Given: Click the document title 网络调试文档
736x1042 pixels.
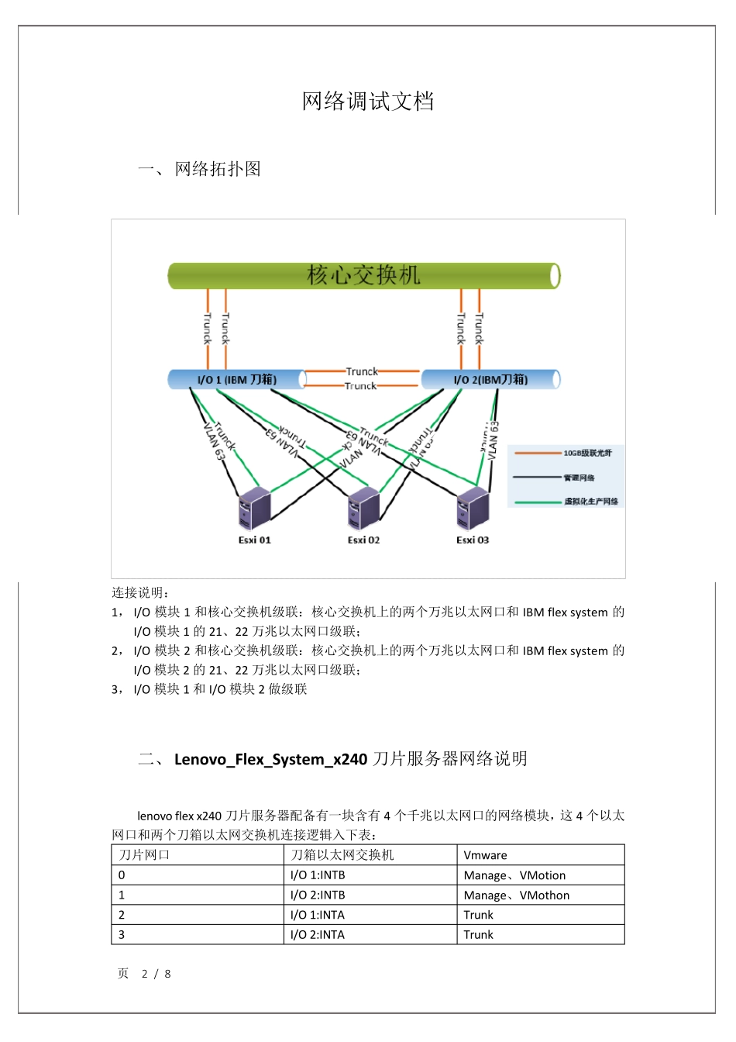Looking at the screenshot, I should point(368,102).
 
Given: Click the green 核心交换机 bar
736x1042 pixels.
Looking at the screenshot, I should point(363,275).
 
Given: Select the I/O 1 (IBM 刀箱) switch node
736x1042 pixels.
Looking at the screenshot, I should point(236,379).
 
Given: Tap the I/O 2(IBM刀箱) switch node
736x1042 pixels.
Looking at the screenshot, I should point(490,379).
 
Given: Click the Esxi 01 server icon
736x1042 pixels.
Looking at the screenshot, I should point(254,509).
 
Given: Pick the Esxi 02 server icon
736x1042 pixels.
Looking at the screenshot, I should point(363,509).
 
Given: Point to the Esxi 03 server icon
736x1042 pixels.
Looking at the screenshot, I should point(473,509).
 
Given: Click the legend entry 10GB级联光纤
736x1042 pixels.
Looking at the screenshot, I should point(586,453).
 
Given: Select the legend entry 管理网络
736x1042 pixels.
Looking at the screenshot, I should point(579,478).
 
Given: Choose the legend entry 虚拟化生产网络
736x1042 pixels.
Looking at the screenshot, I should point(590,502).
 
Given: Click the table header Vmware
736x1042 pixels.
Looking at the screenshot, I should point(485,855).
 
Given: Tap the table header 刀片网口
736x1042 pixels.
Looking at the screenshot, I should point(144,855).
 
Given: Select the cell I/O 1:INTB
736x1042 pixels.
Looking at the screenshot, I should point(318,875).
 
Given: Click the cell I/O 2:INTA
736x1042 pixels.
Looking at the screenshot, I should point(318,935).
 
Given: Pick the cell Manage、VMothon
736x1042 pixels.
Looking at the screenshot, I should point(516,895).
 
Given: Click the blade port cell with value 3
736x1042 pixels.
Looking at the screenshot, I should point(122,935).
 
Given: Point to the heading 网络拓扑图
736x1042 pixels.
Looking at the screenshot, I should point(218,169).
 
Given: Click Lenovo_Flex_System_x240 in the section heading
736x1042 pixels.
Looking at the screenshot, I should point(270,759).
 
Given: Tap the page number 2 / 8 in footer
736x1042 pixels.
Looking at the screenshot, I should point(156,974).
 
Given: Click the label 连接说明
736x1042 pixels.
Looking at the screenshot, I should point(139,593).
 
